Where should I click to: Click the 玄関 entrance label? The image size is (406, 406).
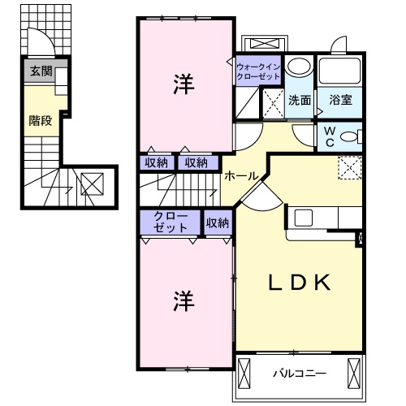pos(41,71)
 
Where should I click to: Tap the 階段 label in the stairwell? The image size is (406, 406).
pos(41,120)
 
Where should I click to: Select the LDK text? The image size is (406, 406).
pos(300,283)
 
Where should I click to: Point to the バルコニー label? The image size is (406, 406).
pos(298,374)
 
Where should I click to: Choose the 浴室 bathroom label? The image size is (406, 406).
pos(340,101)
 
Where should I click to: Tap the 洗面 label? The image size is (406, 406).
pos(299,101)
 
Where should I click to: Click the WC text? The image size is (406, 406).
pos(331,135)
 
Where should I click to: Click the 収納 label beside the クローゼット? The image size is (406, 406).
pos(217,221)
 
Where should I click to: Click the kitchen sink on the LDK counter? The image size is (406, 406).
pos(303,217)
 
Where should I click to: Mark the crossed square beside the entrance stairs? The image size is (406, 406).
pos(92,184)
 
